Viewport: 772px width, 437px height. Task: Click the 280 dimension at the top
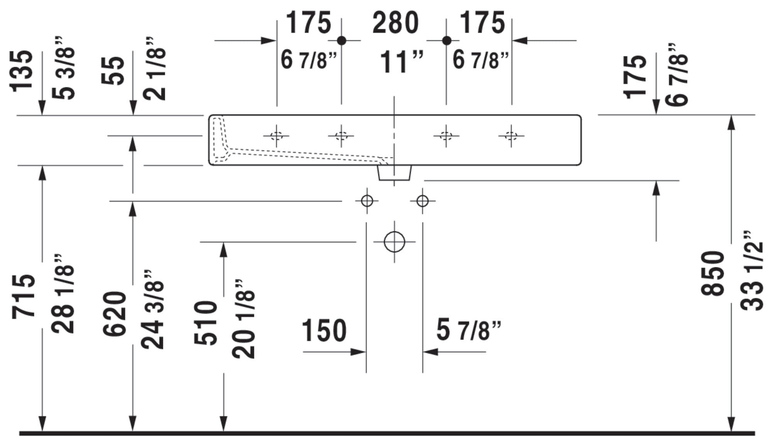395,23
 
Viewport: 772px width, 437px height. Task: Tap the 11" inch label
401,62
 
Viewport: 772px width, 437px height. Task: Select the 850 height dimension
712,273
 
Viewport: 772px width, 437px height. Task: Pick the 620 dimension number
115,314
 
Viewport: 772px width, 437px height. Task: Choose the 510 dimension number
206,323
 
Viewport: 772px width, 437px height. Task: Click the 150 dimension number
324,331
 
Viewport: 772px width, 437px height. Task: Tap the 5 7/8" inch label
469,331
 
